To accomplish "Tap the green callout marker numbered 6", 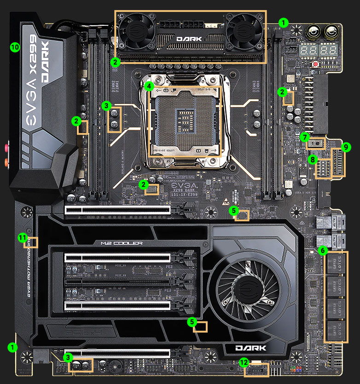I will click(x=322, y=251).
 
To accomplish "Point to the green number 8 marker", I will click(x=313, y=159).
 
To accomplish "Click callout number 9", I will click(x=347, y=148).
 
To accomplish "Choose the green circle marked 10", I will click(x=15, y=47).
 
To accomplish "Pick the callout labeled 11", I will click(x=22, y=237).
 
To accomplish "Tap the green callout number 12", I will click(x=243, y=362).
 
